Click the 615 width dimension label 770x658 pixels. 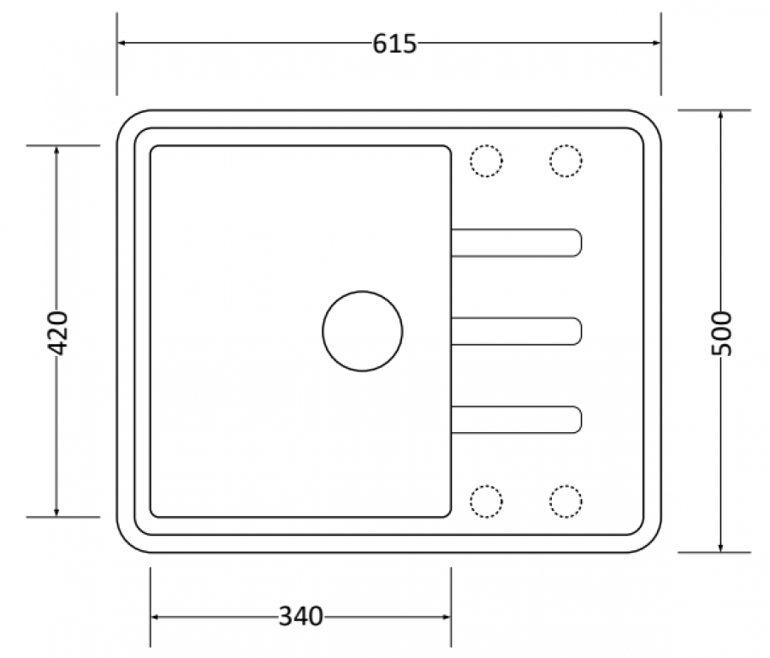click(394, 44)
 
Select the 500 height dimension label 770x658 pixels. click(721, 334)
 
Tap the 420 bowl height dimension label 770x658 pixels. click(57, 333)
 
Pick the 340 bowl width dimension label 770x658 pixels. click(301, 616)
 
